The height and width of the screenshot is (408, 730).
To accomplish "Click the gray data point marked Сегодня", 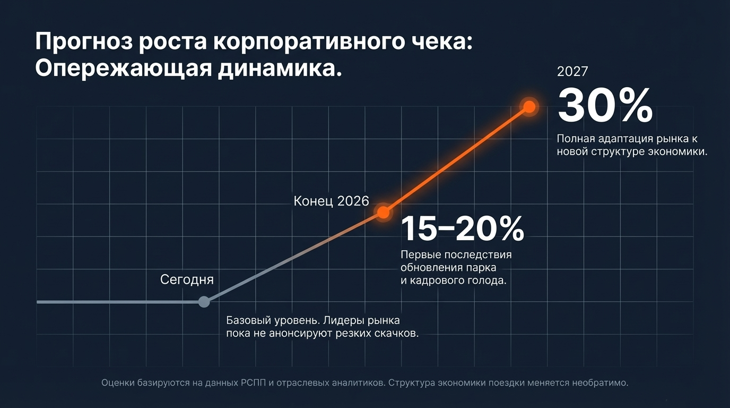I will pos(204,302).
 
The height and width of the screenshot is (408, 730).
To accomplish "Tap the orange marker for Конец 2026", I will pos(383,212).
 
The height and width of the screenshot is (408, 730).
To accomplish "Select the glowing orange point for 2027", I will pos(529,107).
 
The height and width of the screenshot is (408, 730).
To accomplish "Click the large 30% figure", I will pos(605,106).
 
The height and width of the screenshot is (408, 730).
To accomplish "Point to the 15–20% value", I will pos(462,229).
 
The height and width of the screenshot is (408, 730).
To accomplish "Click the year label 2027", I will pos(572,72).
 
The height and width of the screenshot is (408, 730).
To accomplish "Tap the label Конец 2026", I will pos(331,201).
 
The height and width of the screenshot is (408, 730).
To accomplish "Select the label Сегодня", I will pos(187,280).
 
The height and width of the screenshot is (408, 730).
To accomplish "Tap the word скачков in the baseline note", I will pos(394,334).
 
